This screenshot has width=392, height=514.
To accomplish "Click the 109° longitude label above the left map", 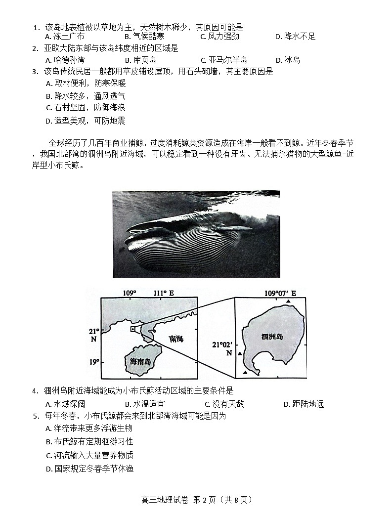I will click(130, 293).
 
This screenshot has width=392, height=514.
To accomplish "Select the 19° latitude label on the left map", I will click(94, 362).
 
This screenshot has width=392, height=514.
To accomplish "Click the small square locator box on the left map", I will click(132, 329).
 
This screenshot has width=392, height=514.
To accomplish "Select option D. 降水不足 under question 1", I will click(295, 37).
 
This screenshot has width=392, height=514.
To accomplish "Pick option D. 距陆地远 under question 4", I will click(304, 404).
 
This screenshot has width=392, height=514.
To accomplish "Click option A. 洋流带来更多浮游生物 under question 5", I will click(89, 428).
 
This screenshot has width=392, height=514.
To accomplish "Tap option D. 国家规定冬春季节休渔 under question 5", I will click(89, 469).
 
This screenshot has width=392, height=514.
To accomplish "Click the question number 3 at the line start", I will click(35, 72).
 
